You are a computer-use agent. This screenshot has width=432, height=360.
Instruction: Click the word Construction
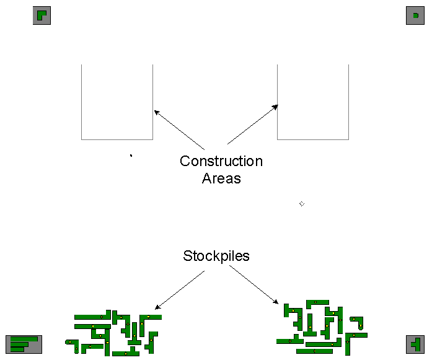coord(221,161)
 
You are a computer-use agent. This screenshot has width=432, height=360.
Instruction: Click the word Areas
coord(221,178)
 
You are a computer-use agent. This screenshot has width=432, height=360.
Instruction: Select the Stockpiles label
coord(216,256)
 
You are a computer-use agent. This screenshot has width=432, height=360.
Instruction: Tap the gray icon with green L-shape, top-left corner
coord(42,16)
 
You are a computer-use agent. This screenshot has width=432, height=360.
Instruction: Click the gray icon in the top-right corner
coord(415,16)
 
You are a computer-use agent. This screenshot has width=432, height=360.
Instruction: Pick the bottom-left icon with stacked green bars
coord(24,344)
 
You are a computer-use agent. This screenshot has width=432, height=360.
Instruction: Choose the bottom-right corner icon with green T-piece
coord(415,344)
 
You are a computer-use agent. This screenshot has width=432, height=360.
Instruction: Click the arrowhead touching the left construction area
coord(156,112)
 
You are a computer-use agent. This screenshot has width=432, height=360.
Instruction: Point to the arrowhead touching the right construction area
coord(276,107)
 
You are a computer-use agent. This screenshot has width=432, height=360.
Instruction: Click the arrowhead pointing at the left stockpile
coord(157,307)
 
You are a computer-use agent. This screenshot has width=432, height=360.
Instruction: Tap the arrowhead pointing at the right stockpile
coord(276,302)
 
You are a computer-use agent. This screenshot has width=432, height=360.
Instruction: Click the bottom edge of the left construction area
coord(117,139)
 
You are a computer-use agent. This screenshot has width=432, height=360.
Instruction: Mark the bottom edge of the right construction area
coord(313,139)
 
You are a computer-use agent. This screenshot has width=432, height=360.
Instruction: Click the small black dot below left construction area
coord(131,156)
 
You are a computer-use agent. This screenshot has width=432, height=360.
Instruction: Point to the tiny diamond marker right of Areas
coord(302,204)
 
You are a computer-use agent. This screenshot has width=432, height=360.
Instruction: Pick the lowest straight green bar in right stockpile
coord(314,351)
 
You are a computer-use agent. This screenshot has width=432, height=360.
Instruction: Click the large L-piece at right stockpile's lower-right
coord(353,338)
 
